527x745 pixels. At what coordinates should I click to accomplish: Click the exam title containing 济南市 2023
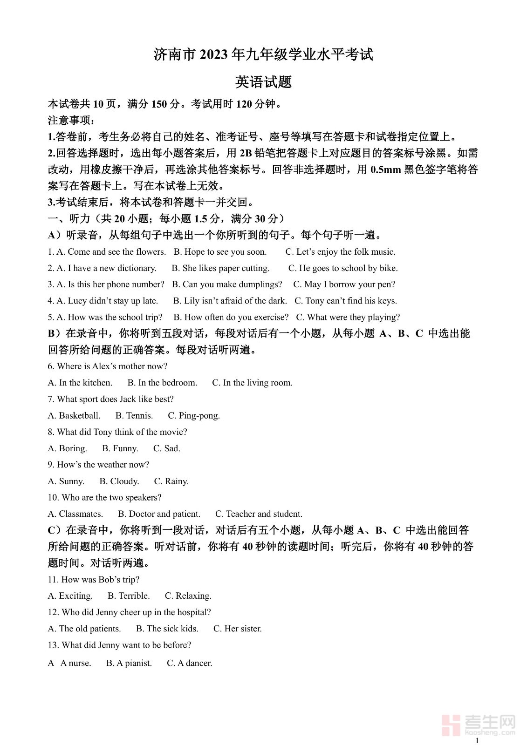(263, 55)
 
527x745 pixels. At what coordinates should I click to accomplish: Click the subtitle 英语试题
(263, 82)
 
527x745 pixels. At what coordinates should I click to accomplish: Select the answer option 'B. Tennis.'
(134, 415)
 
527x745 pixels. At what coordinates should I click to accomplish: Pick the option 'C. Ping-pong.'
(194, 415)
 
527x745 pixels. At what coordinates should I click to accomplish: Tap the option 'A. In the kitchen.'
(80, 383)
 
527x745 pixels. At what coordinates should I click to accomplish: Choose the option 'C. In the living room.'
(252, 383)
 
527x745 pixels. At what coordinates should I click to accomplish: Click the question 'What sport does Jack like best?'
(111, 399)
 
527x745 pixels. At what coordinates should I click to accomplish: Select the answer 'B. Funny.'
(120, 448)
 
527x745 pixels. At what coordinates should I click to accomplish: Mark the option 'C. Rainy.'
(171, 481)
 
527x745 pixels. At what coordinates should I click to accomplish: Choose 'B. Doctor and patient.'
(159, 514)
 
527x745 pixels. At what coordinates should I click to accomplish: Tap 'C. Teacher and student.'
(259, 514)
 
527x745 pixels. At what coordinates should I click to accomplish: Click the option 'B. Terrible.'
(129, 596)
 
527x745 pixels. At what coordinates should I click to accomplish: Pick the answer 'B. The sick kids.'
(167, 629)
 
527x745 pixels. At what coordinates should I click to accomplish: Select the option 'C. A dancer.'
(190, 663)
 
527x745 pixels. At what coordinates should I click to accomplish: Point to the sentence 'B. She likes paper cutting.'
(220, 268)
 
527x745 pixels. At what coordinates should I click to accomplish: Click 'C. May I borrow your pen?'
(344, 284)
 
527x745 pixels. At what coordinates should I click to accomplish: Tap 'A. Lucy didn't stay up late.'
(103, 301)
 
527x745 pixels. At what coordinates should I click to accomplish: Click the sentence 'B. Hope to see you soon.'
(220, 252)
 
